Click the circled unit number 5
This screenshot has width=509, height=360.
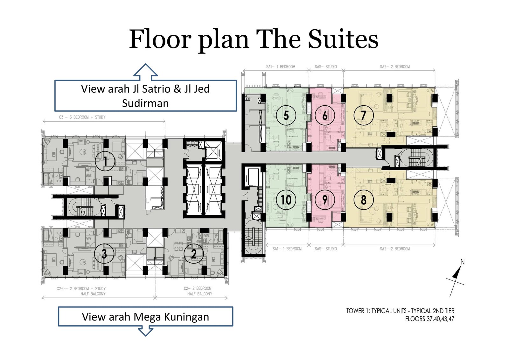[x=286, y=115]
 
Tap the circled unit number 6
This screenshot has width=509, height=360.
[x=325, y=115]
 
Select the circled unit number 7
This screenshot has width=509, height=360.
[x=364, y=115]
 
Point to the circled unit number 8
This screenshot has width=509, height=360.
[x=364, y=200]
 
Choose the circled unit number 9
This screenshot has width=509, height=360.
[x=325, y=200]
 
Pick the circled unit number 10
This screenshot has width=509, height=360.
[x=286, y=200]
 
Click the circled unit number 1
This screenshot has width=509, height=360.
[x=105, y=161]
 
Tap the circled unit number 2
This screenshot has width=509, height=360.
[x=194, y=254]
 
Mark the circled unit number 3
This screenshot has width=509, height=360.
[x=104, y=254]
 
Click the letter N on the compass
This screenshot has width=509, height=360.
[x=463, y=262]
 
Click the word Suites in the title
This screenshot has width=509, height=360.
[x=343, y=39]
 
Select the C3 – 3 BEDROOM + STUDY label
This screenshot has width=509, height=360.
[x=82, y=117]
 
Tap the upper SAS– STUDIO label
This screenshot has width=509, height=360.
[x=326, y=67]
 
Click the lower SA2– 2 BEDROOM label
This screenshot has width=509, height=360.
[x=395, y=249]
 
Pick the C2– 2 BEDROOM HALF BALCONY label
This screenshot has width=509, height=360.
[x=198, y=291]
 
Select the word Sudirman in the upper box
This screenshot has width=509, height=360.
[x=145, y=103]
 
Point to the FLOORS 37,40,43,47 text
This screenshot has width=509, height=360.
[x=430, y=319]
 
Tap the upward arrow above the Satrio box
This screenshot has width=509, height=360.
[x=145, y=72]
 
